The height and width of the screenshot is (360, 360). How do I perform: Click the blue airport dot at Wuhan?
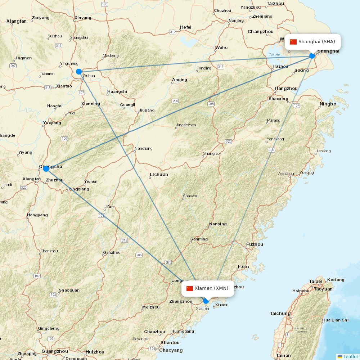(79, 72)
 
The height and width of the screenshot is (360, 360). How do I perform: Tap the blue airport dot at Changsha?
(46, 168)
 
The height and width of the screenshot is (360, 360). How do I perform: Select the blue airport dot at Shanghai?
(312, 56)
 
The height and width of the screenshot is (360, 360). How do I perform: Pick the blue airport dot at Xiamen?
(206, 301)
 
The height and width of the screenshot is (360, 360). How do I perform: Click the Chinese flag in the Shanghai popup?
(293, 42)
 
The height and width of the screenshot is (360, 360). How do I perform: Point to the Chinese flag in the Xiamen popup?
(190, 288)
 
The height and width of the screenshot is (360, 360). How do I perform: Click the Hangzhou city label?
(286, 89)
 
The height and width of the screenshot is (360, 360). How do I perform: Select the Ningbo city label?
(328, 104)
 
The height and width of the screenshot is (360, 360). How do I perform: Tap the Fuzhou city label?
(255, 244)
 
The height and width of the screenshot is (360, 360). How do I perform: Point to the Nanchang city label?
(143, 148)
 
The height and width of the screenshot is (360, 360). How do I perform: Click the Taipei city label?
(316, 281)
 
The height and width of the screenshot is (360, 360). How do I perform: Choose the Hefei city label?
(186, 27)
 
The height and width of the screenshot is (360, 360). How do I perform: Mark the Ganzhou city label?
(112, 252)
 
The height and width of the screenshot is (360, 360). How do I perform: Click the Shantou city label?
(170, 342)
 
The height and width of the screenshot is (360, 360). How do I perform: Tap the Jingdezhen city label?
(186, 125)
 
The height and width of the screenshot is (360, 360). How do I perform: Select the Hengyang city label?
(37, 215)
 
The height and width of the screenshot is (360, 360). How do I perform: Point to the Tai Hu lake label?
(274, 55)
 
